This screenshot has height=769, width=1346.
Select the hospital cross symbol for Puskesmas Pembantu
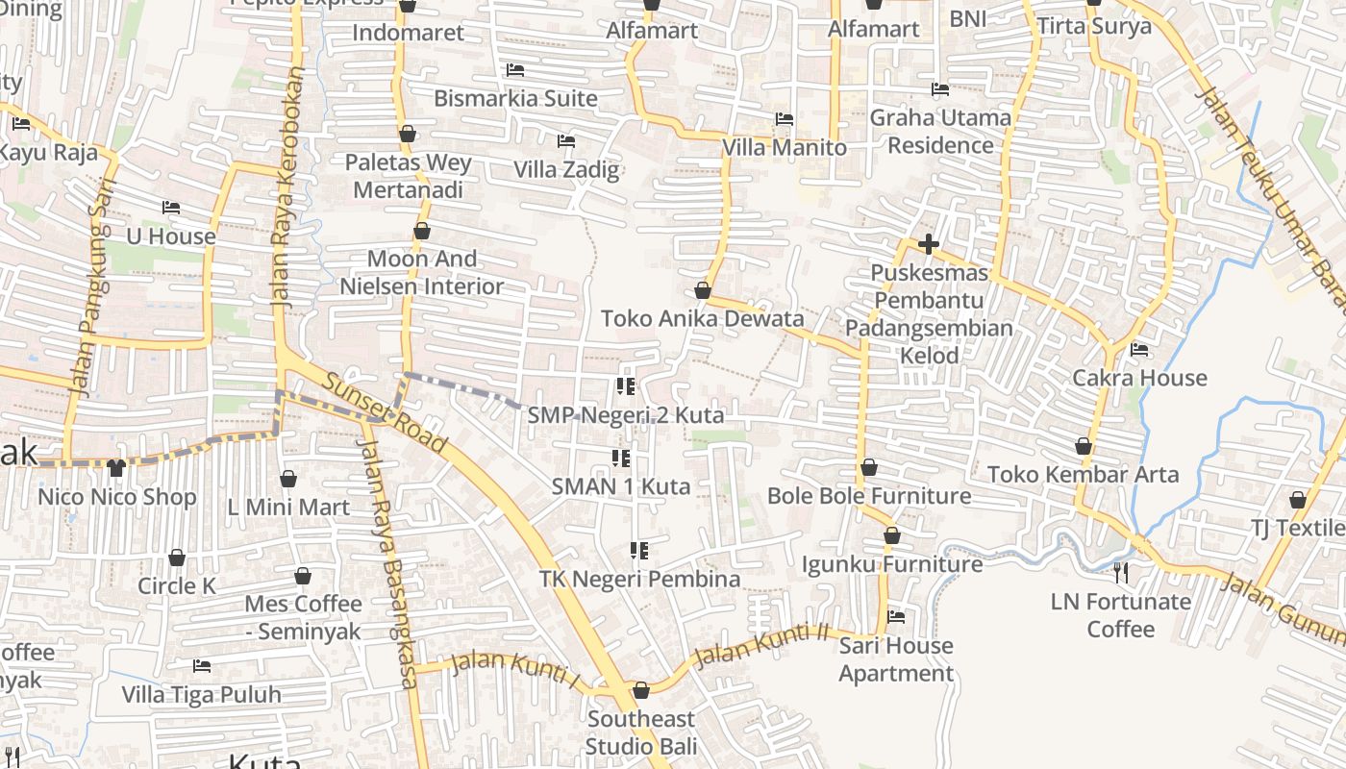(928, 244)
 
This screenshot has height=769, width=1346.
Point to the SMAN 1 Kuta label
(620, 486)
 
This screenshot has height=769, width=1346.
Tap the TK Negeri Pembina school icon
(638, 551)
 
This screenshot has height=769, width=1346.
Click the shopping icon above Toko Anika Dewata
(703, 290)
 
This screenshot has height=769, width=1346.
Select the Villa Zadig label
(566, 170)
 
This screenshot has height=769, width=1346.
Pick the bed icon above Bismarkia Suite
(515, 70)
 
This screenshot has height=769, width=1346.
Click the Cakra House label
(1139, 378)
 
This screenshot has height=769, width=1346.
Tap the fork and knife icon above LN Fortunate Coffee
(1120, 574)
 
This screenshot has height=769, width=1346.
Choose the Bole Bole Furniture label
(869, 496)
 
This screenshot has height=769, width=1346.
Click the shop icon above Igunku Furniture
(892, 535)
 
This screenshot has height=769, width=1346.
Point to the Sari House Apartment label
(896, 659)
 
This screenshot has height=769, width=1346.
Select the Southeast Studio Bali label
(640, 732)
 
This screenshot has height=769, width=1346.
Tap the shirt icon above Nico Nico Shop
(116, 468)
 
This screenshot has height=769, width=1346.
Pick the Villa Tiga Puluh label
(202, 694)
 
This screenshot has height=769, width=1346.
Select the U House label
(171, 236)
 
